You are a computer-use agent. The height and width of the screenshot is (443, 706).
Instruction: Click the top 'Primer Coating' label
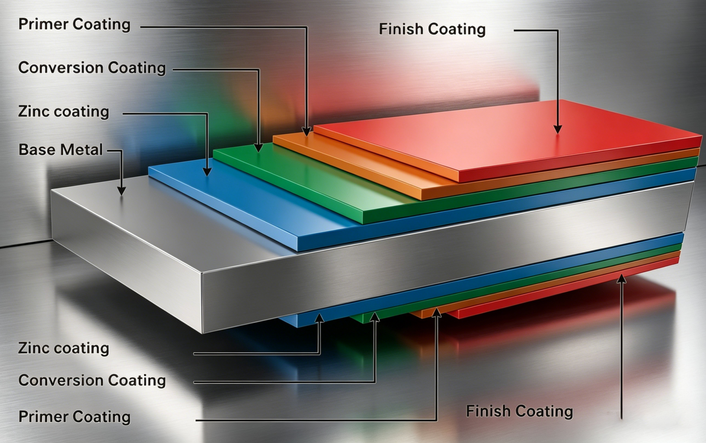(x=74, y=24)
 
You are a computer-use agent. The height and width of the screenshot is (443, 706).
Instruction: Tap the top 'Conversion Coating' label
(x=92, y=68)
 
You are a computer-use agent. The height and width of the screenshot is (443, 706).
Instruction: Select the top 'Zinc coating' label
(x=64, y=111)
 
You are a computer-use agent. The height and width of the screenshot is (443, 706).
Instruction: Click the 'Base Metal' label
(x=60, y=150)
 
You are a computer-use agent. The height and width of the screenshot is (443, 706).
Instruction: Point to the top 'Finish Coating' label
(x=432, y=29)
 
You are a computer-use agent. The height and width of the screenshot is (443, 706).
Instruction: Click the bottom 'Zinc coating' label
(x=64, y=348)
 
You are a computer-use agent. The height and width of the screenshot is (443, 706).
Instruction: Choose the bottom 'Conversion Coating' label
(x=92, y=380)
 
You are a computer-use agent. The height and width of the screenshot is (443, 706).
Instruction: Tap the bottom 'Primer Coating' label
(x=74, y=417)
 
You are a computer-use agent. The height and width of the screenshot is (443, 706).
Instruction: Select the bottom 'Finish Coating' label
(x=519, y=411)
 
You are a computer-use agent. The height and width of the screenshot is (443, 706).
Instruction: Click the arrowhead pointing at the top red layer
(x=557, y=129)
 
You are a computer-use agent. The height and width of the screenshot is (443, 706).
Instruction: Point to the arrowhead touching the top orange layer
(x=307, y=131)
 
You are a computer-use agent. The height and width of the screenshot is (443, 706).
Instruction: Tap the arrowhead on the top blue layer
(x=207, y=172)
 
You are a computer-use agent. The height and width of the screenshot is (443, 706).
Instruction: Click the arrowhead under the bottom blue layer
(x=320, y=318)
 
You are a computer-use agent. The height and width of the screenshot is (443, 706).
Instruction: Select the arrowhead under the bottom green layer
(x=375, y=316)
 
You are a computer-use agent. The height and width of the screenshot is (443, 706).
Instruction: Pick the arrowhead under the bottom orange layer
(x=436, y=313)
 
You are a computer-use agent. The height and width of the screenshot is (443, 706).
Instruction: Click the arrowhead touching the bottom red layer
(x=621, y=278)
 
